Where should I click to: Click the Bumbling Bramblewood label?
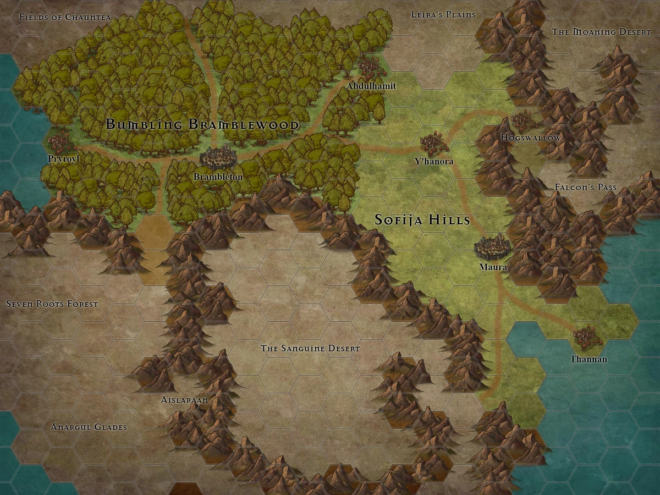[x=202, y=125]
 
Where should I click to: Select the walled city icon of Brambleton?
[x=218, y=158]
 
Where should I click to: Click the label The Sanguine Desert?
[x=310, y=349]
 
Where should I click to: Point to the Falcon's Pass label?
[x=585, y=188]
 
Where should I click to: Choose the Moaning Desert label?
[x=601, y=32]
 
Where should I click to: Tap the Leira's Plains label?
[x=443, y=14]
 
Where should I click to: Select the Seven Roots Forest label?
[x=52, y=304]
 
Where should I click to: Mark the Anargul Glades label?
[x=89, y=427]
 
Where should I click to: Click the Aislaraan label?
[x=185, y=400]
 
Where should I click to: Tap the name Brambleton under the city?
[x=218, y=177]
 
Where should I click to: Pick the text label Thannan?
[x=588, y=359]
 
